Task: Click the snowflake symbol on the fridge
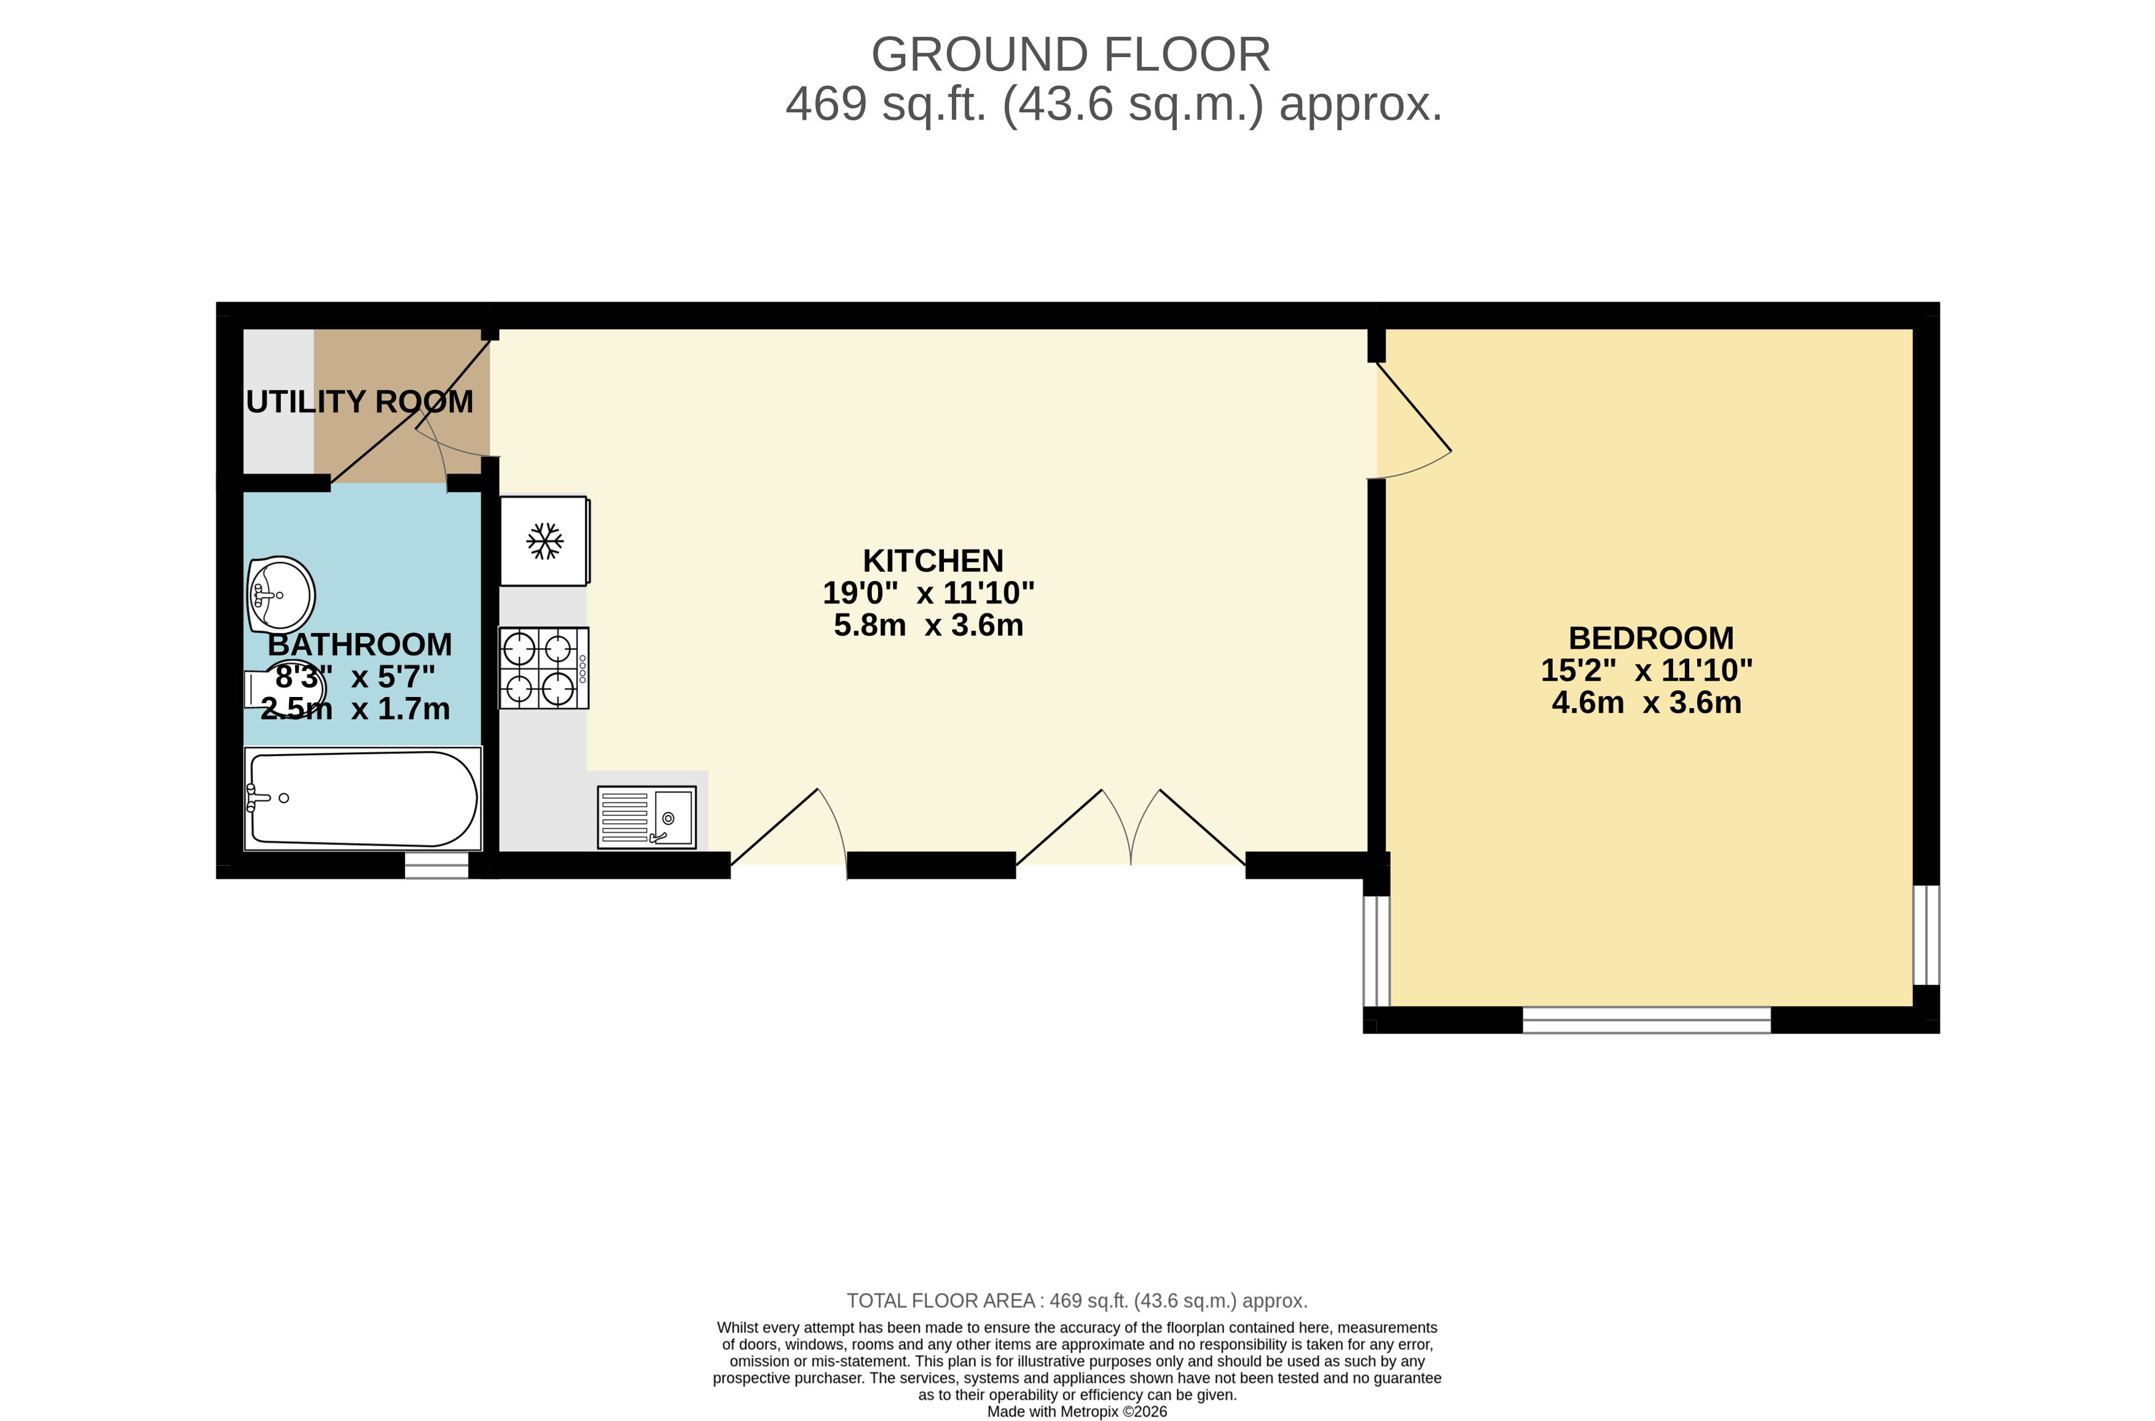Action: [545, 541]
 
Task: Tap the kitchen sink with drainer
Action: [646, 817]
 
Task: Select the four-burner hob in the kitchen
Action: [544, 668]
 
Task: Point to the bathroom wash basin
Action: [281, 594]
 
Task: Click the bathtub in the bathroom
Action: [363, 798]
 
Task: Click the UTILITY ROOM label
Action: [360, 402]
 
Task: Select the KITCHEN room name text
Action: [933, 561]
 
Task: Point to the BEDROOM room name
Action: [1651, 638]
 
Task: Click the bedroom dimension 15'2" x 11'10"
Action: [1646, 671]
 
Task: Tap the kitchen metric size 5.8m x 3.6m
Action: [928, 625]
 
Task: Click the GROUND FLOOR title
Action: [1070, 55]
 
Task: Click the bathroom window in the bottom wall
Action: [436, 865]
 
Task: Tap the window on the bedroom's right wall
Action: [1926, 935]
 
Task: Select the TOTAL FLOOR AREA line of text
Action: [1077, 1301]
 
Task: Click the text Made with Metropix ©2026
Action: [1077, 1411]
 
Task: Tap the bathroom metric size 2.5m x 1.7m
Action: [355, 709]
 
